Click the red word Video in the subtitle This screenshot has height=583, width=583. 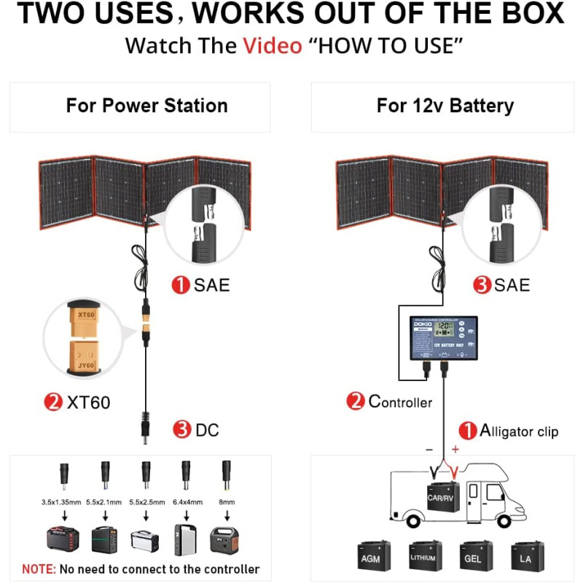coord(272,46)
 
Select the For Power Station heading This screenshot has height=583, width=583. coord(146,106)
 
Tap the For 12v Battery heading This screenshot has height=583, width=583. coord(445,106)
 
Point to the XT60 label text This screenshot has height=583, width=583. coord(88,402)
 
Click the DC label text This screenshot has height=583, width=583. coord(207,430)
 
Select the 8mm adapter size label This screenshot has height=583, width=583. coord(227,502)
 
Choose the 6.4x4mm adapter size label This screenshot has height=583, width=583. coord(188,502)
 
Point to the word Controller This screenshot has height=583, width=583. coord(400,402)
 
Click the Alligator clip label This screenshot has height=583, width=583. coord(519,431)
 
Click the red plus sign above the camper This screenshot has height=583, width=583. coord(455,450)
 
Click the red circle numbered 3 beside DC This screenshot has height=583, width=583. coord(182,430)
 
